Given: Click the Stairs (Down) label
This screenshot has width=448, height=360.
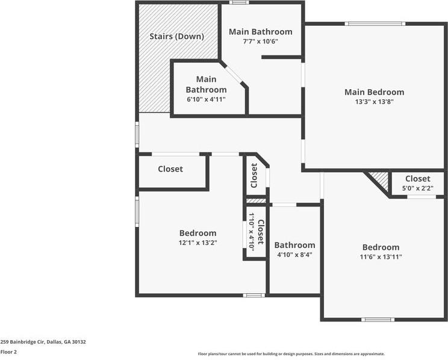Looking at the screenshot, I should click(x=176, y=36).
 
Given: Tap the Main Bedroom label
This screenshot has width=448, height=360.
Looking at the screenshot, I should click(x=374, y=92).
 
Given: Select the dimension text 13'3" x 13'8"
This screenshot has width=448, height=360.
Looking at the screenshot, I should click(x=374, y=102).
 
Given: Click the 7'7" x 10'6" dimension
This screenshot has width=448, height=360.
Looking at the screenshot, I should click(x=260, y=42).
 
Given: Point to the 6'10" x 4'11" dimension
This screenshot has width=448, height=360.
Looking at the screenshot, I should click(x=206, y=99).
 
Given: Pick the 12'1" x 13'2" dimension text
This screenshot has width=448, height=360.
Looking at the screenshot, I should click(x=198, y=243).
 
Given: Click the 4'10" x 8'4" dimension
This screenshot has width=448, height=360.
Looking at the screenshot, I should click(x=294, y=255).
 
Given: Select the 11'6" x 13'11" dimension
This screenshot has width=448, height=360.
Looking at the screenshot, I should click(x=381, y=256).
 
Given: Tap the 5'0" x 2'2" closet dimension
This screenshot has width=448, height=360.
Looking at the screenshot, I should click(x=417, y=188).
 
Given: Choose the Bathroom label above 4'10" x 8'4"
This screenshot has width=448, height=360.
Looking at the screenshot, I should click(x=294, y=245).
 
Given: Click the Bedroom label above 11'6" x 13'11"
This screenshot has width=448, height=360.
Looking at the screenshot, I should click(x=381, y=247).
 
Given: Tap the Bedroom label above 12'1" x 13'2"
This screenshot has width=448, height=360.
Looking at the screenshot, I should click(x=198, y=233).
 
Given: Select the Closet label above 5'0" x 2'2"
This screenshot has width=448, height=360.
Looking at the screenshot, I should click(x=417, y=179).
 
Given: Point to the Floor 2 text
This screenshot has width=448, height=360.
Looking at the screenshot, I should click(x=8, y=352).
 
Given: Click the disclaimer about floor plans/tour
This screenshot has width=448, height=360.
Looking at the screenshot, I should click(x=291, y=354).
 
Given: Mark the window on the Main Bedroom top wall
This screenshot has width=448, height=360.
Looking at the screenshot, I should click(x=374, y=24).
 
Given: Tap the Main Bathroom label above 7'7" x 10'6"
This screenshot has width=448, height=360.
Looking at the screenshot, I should click(x=260, y=32).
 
